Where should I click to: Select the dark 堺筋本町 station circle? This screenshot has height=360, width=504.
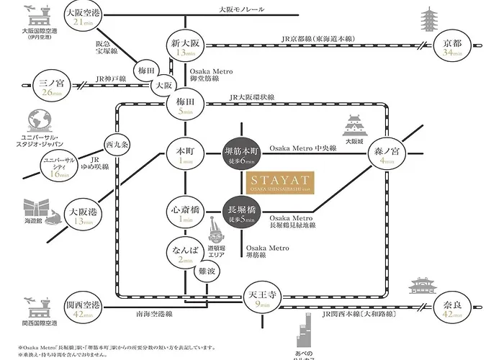(243, 156)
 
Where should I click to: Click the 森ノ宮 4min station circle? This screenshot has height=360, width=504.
(388, 156)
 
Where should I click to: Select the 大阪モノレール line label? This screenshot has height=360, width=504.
(242, 10)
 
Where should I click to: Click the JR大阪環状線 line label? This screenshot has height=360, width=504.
(252, 96)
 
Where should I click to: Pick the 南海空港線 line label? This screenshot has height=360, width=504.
(153, 315)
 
